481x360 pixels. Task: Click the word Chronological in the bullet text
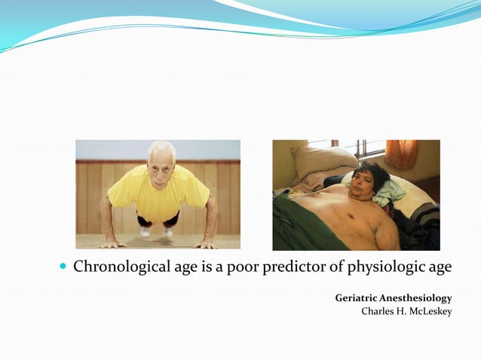tap(115, 267)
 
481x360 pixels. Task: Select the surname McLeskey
tap(430, 312)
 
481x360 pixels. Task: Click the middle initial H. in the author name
tap(401, 312)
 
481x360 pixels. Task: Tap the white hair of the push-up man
tap(161, 146)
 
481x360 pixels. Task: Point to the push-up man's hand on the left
tap(112, 243)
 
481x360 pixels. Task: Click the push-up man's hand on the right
tap(205, 243)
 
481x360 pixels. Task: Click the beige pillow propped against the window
tap(323, 160)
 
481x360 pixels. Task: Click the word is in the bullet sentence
tap(202, 267)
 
